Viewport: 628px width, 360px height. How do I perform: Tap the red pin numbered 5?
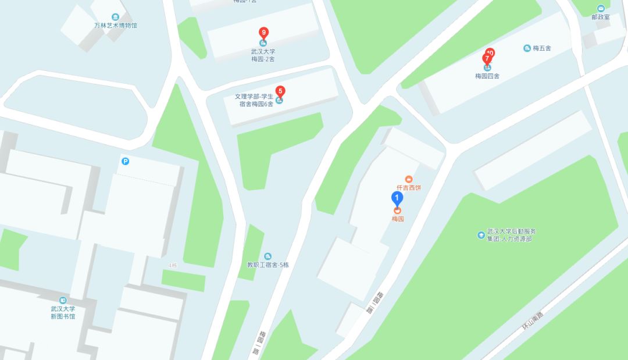(280, 91)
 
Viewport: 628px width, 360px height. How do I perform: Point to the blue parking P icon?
(125, 161)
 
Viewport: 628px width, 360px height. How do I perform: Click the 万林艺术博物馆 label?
(116, 26)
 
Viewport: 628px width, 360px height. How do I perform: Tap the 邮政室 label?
(601, 17)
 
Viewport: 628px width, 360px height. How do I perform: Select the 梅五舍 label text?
(541, 48)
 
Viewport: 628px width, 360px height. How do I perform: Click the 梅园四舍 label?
(487, 76)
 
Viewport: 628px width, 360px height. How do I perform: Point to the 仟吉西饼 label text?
(409, 188)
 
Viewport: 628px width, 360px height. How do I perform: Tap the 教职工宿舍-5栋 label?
(267, 265)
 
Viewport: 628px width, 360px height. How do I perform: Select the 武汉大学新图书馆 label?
(63, 312)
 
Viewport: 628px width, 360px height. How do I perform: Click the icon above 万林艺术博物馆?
(116, 16)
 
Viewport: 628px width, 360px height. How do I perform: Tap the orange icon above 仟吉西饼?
(409, 179)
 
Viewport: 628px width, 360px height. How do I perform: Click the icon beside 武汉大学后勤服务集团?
(481, 235)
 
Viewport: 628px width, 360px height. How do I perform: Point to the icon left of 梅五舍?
(527, 48)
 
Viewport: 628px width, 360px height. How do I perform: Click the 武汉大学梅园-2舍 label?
(263, 55)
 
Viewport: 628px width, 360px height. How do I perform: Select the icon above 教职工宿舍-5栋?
(267, 256)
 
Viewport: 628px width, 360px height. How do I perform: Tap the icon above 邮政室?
(601, 8)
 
